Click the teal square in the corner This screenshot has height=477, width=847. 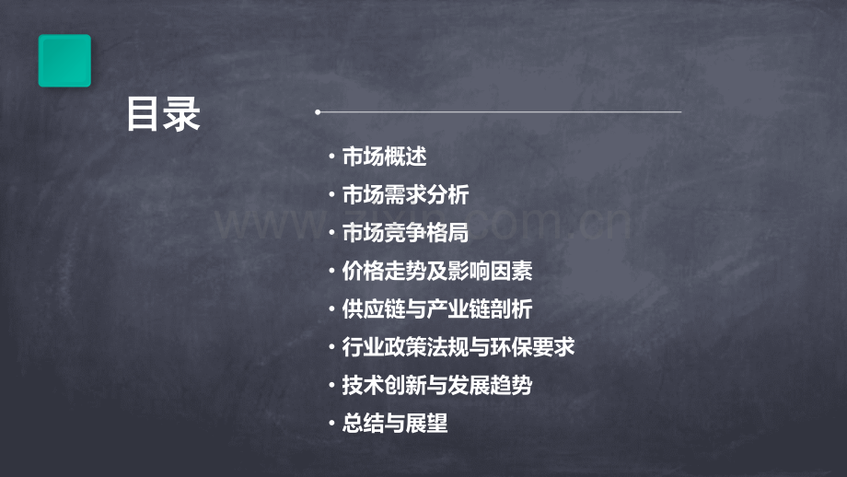coord(64,61)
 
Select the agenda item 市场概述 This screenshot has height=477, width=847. coord(384,157)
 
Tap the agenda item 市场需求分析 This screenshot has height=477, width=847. coord(405,195)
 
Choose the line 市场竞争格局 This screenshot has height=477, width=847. coord(405,233)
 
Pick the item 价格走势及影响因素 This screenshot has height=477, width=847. coord(436,272)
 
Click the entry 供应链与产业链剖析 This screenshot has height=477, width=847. coord(436,309)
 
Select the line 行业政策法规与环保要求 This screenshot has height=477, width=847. coord(458,348)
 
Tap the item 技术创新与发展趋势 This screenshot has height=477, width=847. coord(436,386)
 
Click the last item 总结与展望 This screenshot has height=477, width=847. coord(394,425)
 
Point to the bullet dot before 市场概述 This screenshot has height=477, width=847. coord(331,157)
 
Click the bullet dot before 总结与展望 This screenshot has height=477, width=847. coord(331,425)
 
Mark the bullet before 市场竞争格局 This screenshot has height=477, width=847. coord(331,234)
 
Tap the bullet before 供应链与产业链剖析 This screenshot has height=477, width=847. coord(331,310)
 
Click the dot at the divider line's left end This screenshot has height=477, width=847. coord(318,112)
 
